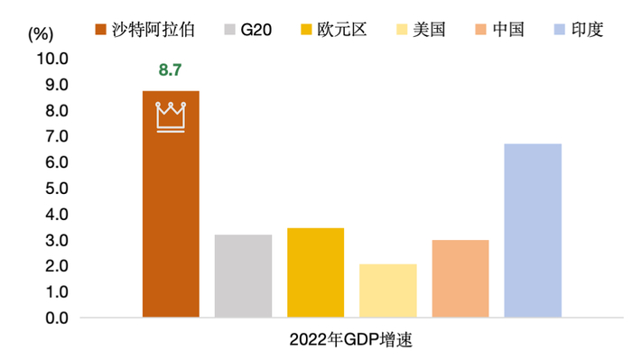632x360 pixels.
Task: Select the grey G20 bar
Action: point(243,276)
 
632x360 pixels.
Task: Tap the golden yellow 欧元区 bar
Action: point(315,272)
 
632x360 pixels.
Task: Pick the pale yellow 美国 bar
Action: point(387,291)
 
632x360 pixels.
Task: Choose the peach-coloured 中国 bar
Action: point(460,279)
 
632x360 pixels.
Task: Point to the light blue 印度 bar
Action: point(533,231)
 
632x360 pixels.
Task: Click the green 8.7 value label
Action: point(171,69)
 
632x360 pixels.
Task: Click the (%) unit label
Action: point(42,34)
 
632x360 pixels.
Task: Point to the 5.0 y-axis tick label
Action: point(53,189)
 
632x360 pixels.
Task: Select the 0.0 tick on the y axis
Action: point(53,318)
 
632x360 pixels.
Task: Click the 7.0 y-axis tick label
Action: point(53,136)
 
